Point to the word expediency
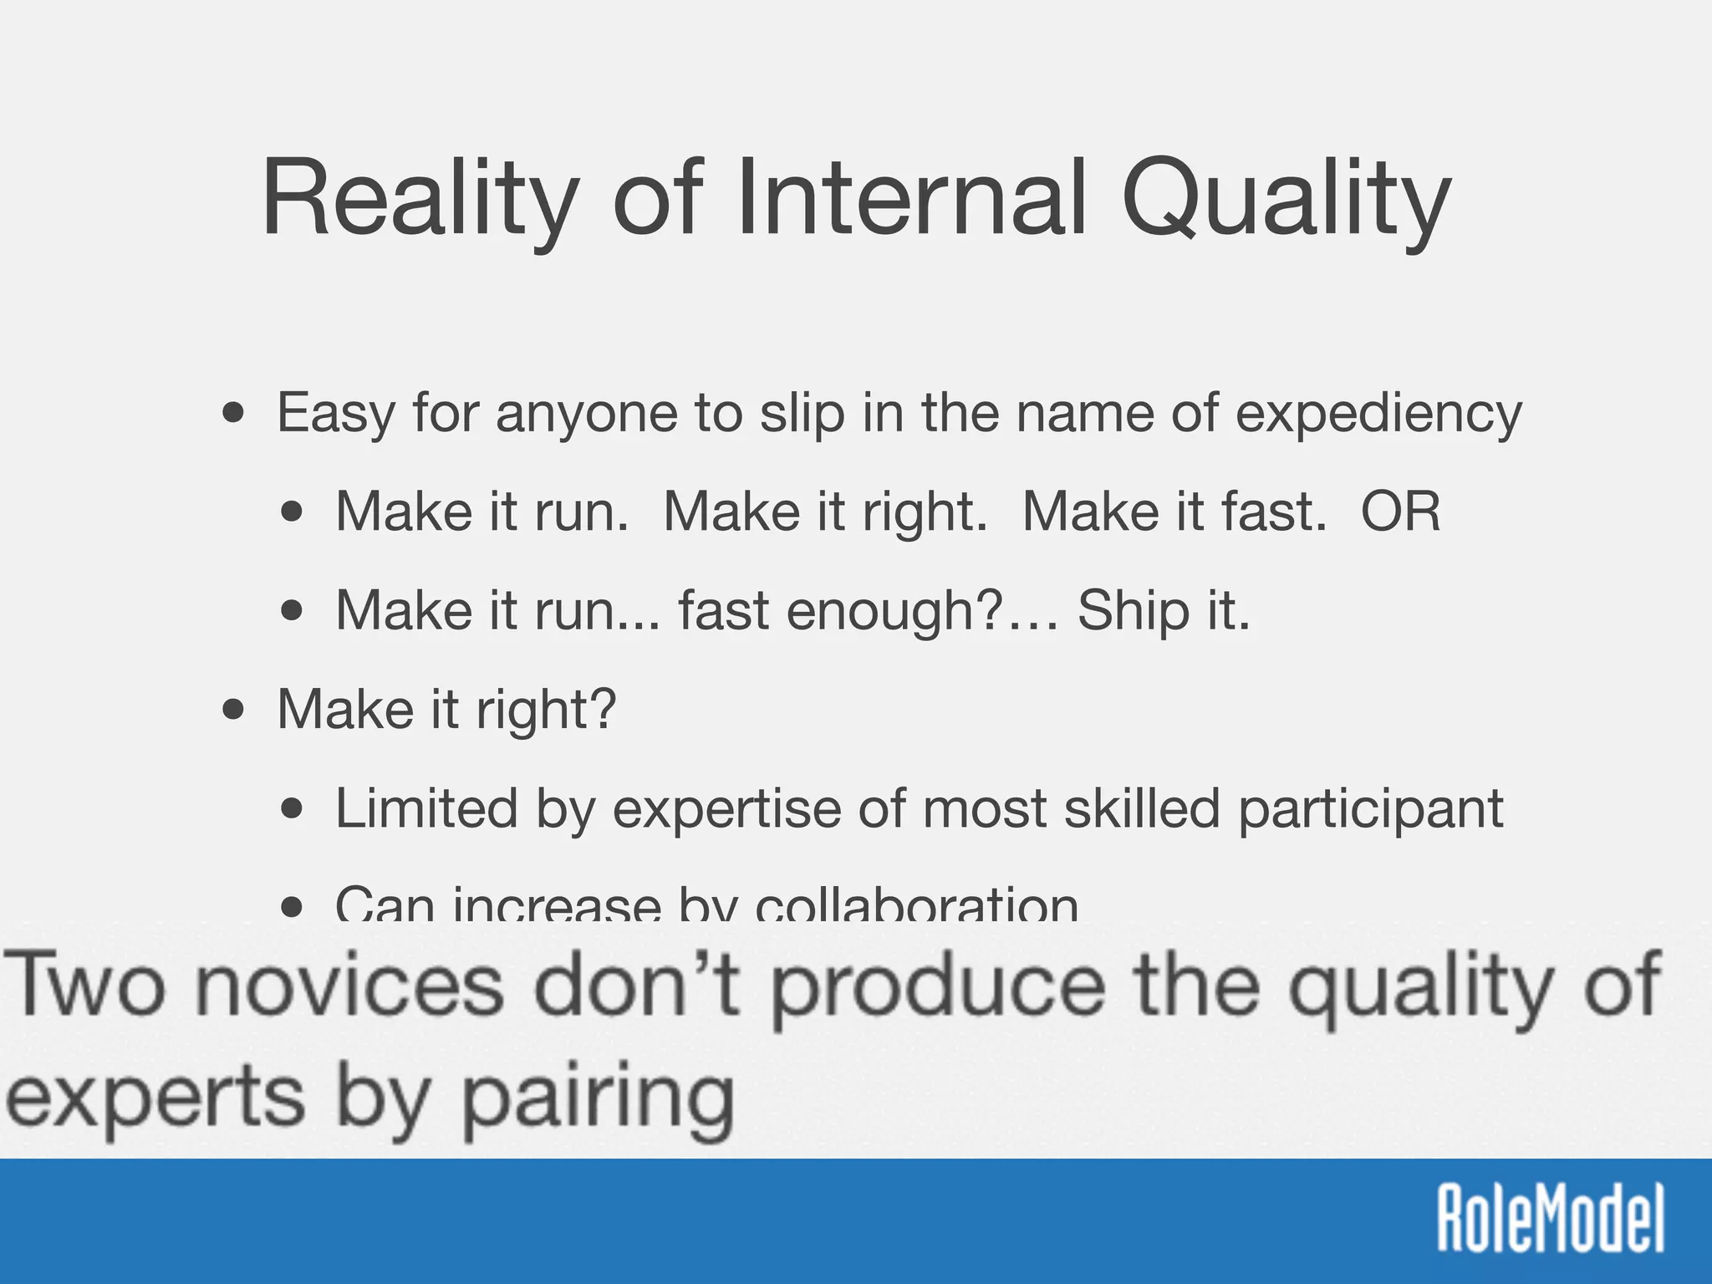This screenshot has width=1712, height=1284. point(1378,414)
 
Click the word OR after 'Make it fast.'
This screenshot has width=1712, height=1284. point(1401,511)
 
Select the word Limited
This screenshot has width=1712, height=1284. point(426,808)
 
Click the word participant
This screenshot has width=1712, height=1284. point(1370,809)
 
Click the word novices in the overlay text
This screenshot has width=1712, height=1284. point(351,986)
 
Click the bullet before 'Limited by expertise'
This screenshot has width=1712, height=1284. point(293,809)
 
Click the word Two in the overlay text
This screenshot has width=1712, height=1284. point(84,986)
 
